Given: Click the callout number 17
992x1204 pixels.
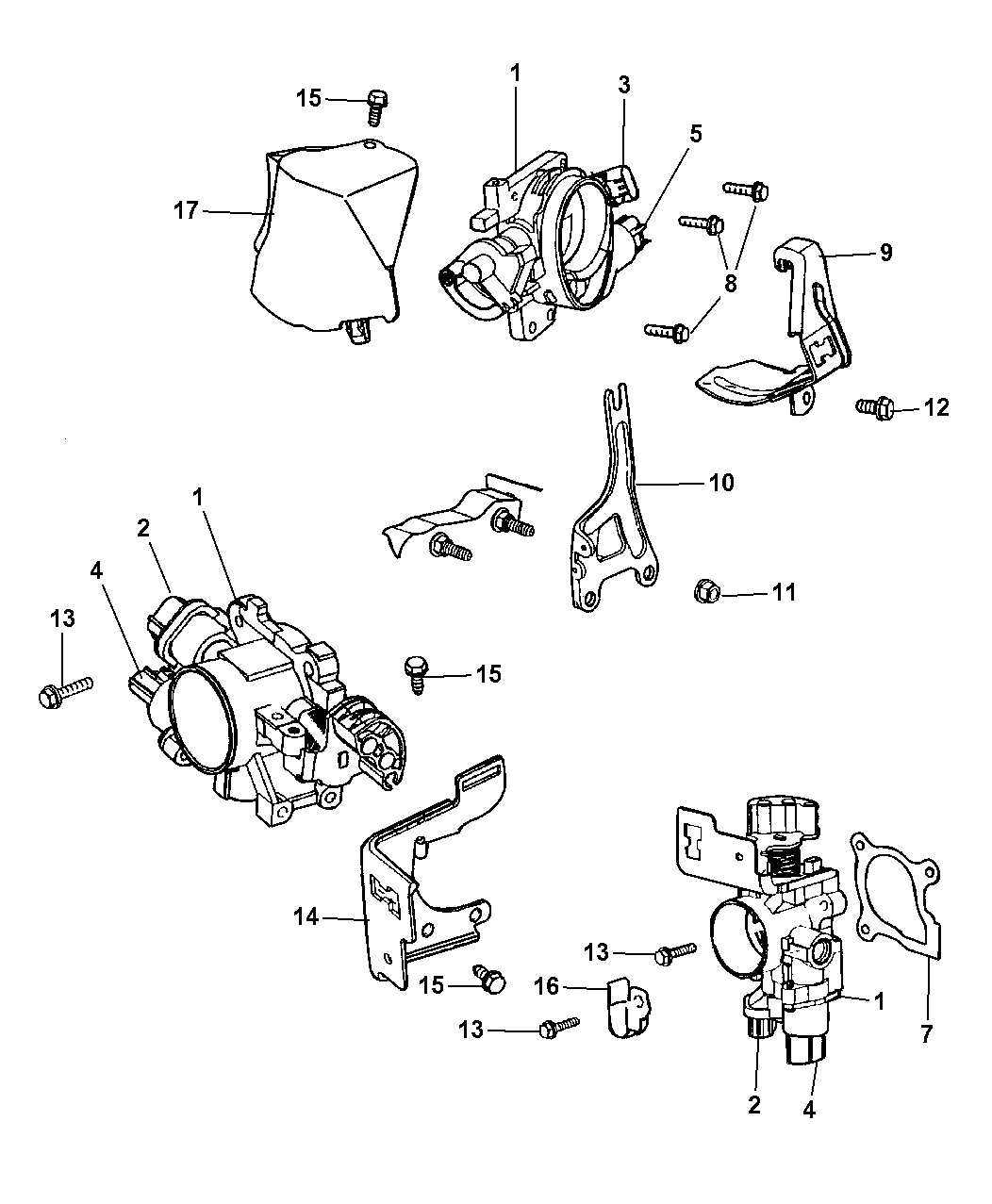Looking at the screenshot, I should pos(186,210).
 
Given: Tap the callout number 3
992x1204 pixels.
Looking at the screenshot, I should pos(623,85).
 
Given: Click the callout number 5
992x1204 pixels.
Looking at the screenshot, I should pos(695,134).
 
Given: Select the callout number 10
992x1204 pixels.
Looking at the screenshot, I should pos(720,483).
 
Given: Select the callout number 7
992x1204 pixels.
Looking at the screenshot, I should pos(926,1034).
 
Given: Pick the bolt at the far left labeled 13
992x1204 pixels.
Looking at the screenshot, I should pos(62,692).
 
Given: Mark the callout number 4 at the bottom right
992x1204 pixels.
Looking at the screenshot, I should pos(808,1110).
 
